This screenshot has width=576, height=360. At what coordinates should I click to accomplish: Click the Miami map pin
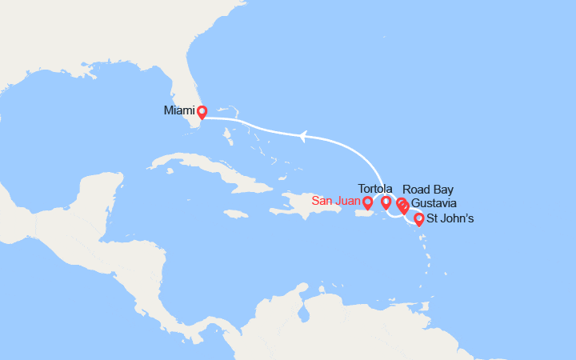pyautogui.click(x=202, y=113)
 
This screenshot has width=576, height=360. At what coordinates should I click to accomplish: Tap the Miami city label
pyautogui.click(x=179, y=110)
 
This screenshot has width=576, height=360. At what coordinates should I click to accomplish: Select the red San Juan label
pyautogui.click(x=336, y=202)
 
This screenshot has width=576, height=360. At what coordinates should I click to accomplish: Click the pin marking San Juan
pyautogui.click(x=367, y=203)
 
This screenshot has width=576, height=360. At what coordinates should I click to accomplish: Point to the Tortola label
pyautogui.click(x=376, y=189)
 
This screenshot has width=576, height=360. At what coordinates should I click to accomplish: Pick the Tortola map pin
pyautogui.click(x=386, y=203)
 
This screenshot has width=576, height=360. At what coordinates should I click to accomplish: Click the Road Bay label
pyautogui.click(x=428, y=190)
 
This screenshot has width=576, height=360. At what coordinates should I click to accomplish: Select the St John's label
pyautogui.click(x=450, y=218)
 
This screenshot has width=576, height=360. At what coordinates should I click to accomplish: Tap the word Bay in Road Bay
pyautogui.click(x=442, y=190)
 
